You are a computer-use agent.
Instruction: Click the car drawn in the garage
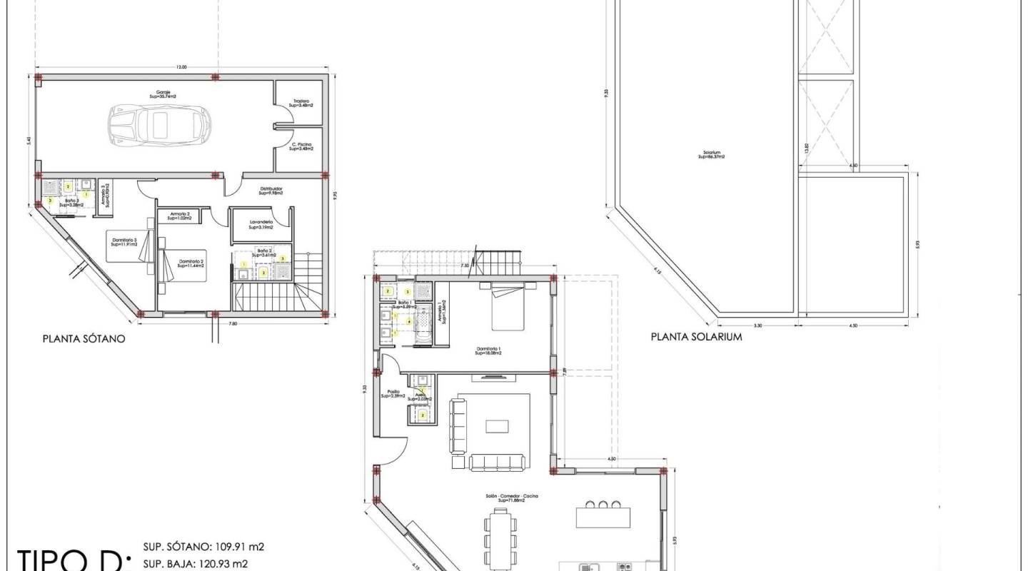(x=159, y=123)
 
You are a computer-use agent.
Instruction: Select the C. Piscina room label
(x=301, y=147)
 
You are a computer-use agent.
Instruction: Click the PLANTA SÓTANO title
(x=84, y=340)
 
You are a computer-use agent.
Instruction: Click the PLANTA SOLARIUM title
(x=696, y=337)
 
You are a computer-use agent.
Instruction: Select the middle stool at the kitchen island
(x=604, y=505)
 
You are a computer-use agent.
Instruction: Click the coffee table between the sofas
(x=497, y=426)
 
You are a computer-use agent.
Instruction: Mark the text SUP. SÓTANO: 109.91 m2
(x=204, y=547)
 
